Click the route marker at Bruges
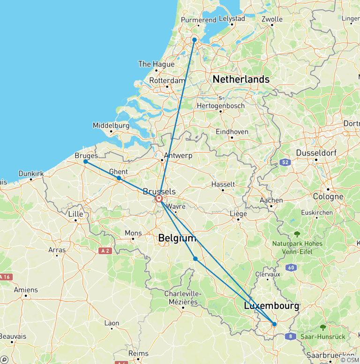coord(85,161)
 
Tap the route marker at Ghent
coord(119,178)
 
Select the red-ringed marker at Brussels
coord(159,199)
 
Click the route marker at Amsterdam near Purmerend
coord(194,40)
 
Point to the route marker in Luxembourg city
coord(274,324)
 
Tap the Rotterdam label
coord(167,81)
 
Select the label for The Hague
coord(156,64)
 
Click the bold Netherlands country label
coord(241,79)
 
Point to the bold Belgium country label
coord(177,238)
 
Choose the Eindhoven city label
coord(232,132)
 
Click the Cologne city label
coord(329,197)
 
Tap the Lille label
coord(75,214)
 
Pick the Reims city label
coord(138,354)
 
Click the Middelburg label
coord(111,126)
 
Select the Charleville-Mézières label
coord(182,298)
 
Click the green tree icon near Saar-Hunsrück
coord(323,327)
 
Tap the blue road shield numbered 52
coord(284,162)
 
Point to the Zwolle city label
coord(272,19)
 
